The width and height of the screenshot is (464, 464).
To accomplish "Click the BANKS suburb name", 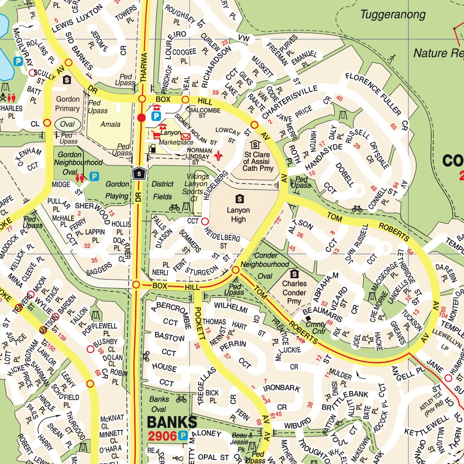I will [172, 422].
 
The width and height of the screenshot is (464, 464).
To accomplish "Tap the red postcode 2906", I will [162, 436].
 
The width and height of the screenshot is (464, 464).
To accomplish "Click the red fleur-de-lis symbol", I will [220, 155].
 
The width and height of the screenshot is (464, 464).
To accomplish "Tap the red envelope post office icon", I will [185, 136].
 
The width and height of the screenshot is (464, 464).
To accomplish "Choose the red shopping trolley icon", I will [156, 135].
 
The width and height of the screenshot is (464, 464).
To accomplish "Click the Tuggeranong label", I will [393, 14].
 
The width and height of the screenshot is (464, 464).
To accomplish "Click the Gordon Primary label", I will [68, 103].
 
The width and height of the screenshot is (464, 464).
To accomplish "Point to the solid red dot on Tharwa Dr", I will [141, 118].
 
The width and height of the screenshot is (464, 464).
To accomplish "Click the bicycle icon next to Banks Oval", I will [181, 399].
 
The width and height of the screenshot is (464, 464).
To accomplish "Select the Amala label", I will [111, 124].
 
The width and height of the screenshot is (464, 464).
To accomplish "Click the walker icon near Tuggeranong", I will [392, 58].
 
